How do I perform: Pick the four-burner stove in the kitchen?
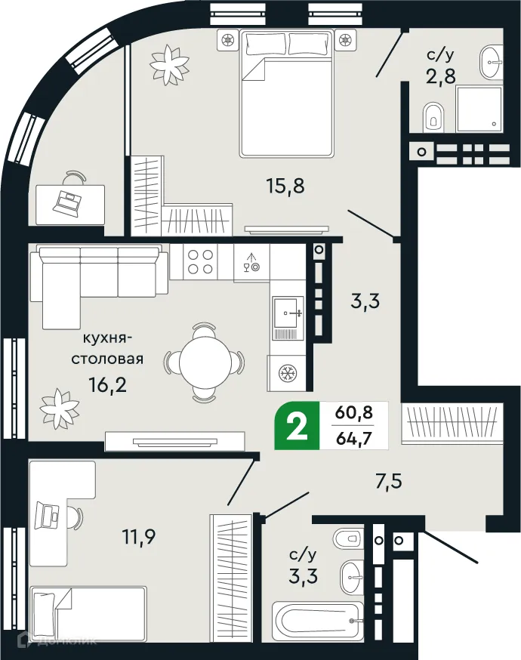199,261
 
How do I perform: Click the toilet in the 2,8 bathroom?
433,117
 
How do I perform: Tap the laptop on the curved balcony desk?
69,201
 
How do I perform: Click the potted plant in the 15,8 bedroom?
168,64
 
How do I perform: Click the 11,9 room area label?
140,537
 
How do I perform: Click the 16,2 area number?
107,385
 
